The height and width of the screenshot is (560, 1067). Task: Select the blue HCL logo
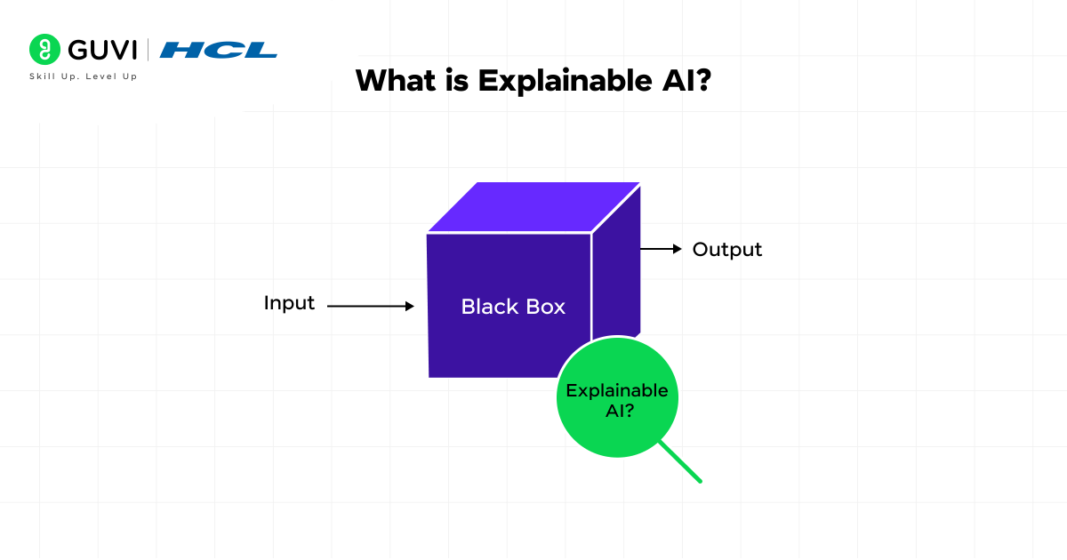218,50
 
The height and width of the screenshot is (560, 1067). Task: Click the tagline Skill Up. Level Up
84,76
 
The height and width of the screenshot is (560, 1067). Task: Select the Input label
289,303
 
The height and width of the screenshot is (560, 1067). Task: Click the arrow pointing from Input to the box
371,306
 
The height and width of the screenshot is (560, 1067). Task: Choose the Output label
727,250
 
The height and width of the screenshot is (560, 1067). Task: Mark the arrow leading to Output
661,250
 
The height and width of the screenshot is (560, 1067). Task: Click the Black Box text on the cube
513,307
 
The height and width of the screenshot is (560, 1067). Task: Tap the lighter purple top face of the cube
533,207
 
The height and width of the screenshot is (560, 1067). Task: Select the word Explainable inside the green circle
616,390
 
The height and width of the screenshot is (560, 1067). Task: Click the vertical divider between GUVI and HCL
148,50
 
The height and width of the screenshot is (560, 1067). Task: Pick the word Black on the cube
487,307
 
